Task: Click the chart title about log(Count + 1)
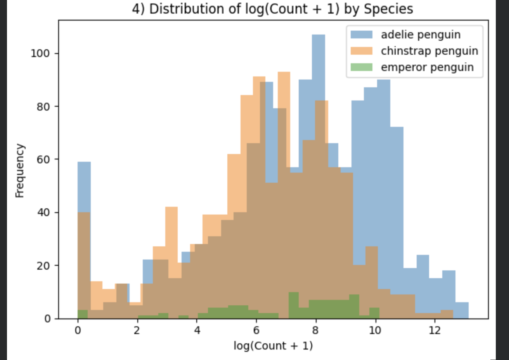[x=272, y=9]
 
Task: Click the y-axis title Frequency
[x=20, y=171]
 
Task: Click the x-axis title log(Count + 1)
[x=273, y=345]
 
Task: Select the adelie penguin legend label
[x=421, y=35]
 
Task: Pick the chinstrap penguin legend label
[x=429, y=51]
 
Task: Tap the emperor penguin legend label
[x=427, y=67]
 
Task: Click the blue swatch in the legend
[x=361, y=35]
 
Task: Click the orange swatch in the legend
[x=361, y=51]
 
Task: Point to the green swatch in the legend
[x=361, y=67]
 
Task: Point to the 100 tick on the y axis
[x=40, y=53]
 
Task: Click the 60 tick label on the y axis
[x=43, y=159]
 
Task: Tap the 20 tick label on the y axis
[x=43, y=266]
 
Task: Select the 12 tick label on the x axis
[x=435, y=330]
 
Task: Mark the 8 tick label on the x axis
[x=315, y=330]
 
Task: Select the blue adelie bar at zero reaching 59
[x=84, y=186]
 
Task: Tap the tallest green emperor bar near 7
[x=294, y=305]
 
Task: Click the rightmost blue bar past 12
[x=462, y=310]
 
